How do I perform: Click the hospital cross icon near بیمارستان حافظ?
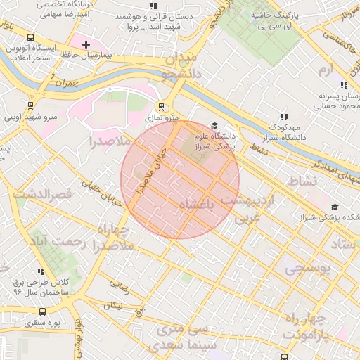(x=86, y=44)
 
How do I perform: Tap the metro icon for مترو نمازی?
(x=162, y=108)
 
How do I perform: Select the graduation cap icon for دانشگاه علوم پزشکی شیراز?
(x=214, y=125)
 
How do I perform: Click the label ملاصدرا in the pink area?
(x=108, y=141)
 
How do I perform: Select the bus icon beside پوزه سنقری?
(x=42, y=312)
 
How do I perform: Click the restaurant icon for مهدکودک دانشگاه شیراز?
(x=284, y=117)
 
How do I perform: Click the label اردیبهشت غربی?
(x=250, y=209)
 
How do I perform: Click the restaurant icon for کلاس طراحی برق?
(x=41, y=271)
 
